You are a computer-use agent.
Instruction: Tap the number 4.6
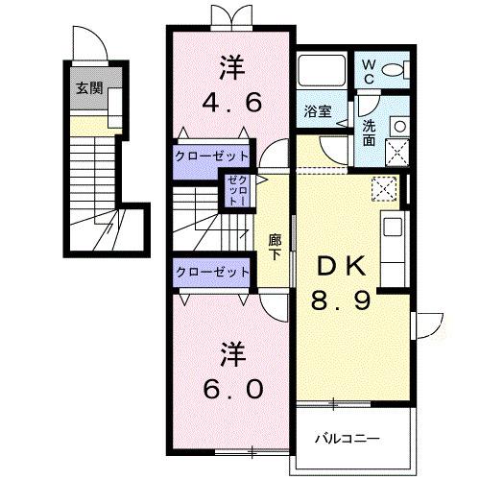(230, 102)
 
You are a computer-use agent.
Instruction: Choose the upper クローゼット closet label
(212, 156)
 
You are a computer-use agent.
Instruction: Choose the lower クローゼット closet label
(212, 273)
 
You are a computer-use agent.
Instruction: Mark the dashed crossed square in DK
(382, 188)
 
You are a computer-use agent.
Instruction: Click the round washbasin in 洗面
(397, 125)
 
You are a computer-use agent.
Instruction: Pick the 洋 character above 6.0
(229, 353)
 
